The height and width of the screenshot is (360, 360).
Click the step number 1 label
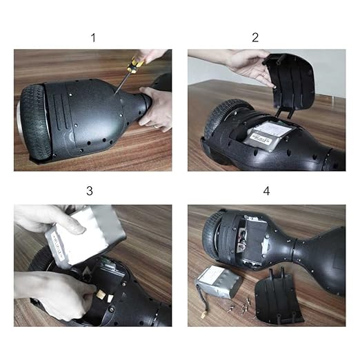coord(93,37)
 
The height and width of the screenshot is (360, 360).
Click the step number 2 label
coord(255,37)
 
